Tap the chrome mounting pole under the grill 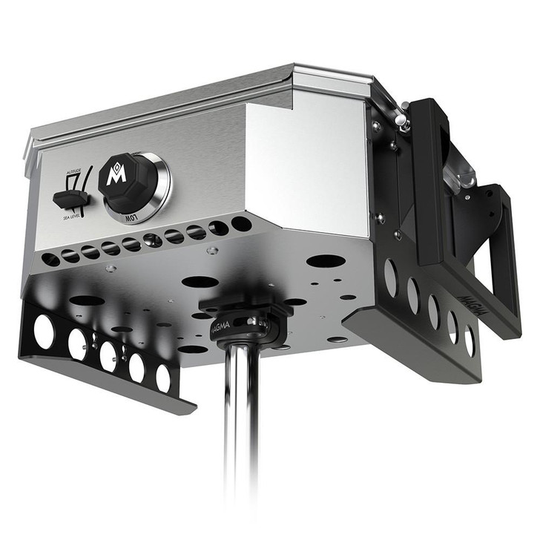242,430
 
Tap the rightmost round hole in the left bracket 163,378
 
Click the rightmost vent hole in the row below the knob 241,223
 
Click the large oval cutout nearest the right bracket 325,261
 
